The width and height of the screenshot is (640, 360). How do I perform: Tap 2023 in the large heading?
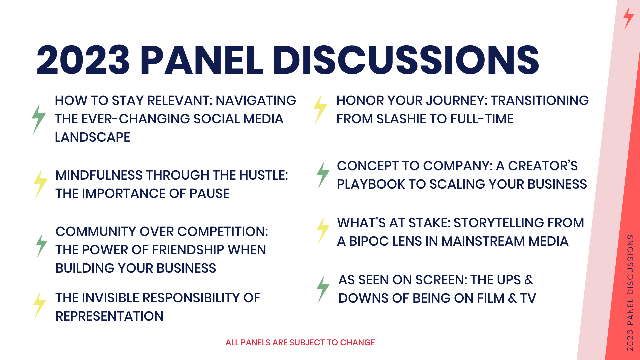[83, 60]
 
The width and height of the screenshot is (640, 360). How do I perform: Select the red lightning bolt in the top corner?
[629, 19]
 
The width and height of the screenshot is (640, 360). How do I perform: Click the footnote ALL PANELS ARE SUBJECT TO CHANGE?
[300, 342]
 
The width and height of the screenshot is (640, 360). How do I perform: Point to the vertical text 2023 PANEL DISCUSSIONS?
[630, 293]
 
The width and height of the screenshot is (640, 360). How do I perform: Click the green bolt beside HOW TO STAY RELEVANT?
[39, 119]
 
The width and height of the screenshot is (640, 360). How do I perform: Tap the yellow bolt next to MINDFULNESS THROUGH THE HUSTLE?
[41, 184]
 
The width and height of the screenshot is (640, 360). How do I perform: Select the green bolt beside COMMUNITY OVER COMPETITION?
[41, 246]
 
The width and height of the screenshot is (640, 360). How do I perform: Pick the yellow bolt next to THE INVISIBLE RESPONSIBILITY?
[39, 306]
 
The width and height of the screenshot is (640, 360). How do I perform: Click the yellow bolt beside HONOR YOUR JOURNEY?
[320, 110]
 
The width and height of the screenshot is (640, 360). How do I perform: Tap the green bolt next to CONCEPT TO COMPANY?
[323, 175]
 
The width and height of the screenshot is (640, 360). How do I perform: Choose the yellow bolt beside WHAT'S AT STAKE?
[323, 231]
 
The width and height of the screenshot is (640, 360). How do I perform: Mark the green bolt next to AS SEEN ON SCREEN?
[323, 289]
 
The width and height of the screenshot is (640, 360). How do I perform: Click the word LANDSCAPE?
[92, 137]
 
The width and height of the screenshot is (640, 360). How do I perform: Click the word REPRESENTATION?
[109, 316]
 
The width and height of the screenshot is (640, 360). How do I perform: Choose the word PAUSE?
[209, 193]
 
